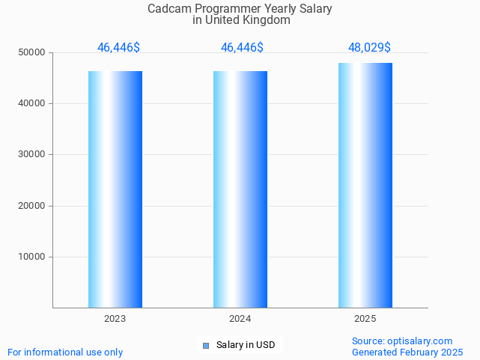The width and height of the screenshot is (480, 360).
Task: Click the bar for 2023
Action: [x=115, y=189]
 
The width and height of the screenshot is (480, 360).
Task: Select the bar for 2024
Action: [x=240, y=189]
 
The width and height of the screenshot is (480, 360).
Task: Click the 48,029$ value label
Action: [x=369, y=48]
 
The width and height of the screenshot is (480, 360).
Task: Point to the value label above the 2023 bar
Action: [x=118, y=48]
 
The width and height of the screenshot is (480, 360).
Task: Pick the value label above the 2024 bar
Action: [x=242, y=48]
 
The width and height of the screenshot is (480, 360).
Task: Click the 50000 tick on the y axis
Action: [x=31, y=52]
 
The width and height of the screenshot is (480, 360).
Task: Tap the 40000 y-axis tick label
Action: [x=31, y=103]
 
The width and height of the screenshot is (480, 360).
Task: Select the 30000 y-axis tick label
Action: [x=31, y=154]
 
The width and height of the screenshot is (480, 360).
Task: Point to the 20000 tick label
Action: [x=31, y=206]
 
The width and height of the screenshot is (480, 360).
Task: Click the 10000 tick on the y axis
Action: [x=31, y=257]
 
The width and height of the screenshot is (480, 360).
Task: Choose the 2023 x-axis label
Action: [x=115, y=319]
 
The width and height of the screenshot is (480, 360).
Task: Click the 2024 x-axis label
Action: [x=240, y=319]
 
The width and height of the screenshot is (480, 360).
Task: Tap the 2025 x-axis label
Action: [x=365, y=319]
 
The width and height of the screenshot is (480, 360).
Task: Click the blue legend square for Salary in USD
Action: [x=206, y=345]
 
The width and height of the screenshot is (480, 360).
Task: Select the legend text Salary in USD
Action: [x=246, y=345]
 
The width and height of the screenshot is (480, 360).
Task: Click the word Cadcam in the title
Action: [x=168, y=9]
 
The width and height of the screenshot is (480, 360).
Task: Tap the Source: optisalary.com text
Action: [x=402, y=341]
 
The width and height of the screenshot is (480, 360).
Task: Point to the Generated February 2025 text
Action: [x=407, y=352]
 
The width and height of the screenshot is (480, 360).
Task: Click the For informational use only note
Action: [x=65, y=352]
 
